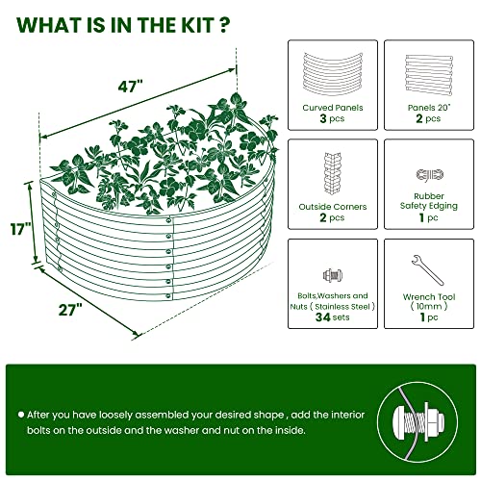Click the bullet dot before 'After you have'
pos(20,413)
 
